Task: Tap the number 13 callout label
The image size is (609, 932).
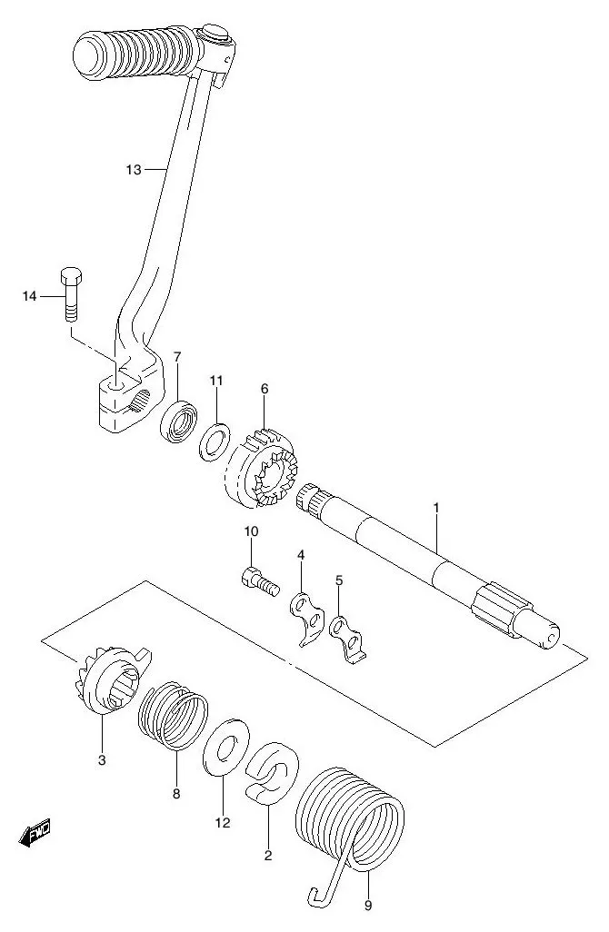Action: pyautogui.click(x=134, y=169)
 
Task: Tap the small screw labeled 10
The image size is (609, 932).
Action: pyautogui.click(x=255, y=579)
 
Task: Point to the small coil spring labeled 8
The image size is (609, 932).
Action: pyautogui.click(x=173, y=718)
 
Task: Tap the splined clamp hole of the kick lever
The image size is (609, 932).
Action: pyautogui.click(x=139, y=398)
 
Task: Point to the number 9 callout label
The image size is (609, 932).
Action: pyautogui.click(x=368, y=905)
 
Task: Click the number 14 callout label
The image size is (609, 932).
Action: pyautogui.click(x=30, y=296)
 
